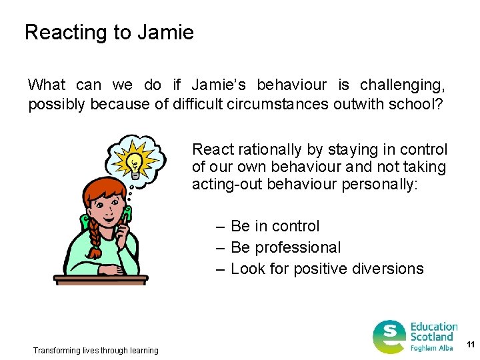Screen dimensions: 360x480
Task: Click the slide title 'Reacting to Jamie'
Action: click(x=109, y=32)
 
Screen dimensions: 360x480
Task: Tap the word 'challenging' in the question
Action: click(x=402, y=85)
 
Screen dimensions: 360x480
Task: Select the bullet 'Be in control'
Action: click(x=275, y=226)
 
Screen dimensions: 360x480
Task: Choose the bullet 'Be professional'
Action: click(x=285, y=247)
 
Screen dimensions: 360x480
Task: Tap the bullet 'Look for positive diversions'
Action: click(x=327, y=269)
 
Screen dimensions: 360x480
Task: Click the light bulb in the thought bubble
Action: click(x=136, y=161)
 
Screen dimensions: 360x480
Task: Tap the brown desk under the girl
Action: click(x=101, y=279)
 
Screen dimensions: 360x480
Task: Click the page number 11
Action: click(x=471, y=345)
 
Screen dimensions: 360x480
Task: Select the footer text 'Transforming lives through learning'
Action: click(x=96, y=350)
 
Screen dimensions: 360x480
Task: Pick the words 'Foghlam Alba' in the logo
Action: click(x=432, y=348)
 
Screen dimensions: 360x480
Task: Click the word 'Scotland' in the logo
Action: click(x=431, y=337)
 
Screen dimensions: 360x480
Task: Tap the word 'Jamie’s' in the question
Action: click(x=219, y=85)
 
